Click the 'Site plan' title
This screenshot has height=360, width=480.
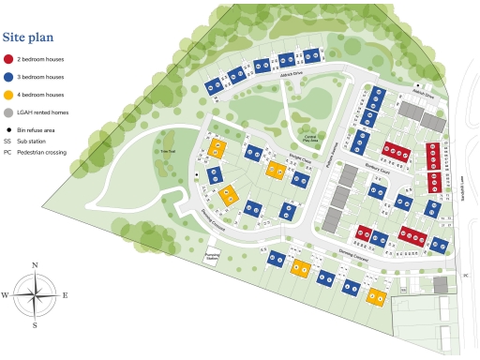pyautogui.click(x=31, y=37)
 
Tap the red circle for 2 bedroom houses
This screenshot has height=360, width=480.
pyautogui.click(x=8, y=59)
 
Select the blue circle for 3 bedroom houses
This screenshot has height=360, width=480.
pyautogui.click(x=8, y=77)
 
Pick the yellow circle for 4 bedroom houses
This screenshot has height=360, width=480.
pyautogui.click(x=8, y=95)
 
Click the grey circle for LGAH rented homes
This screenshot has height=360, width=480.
pyautogui.click(x=8, y=112)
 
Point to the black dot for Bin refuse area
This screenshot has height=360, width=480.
pyautogui.click(x=8, y=129)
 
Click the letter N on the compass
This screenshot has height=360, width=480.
pyautogui.click(x=35, y=266)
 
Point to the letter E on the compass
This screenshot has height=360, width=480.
pyautogui.click(x=64, y=295)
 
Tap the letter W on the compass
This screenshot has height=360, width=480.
pyautogui.click(x=5, y=295)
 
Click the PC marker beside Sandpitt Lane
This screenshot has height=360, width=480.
pyautogui.click(x=465, y=275)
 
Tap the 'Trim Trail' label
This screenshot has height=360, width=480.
pyautogui.click(x=169, y=152)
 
